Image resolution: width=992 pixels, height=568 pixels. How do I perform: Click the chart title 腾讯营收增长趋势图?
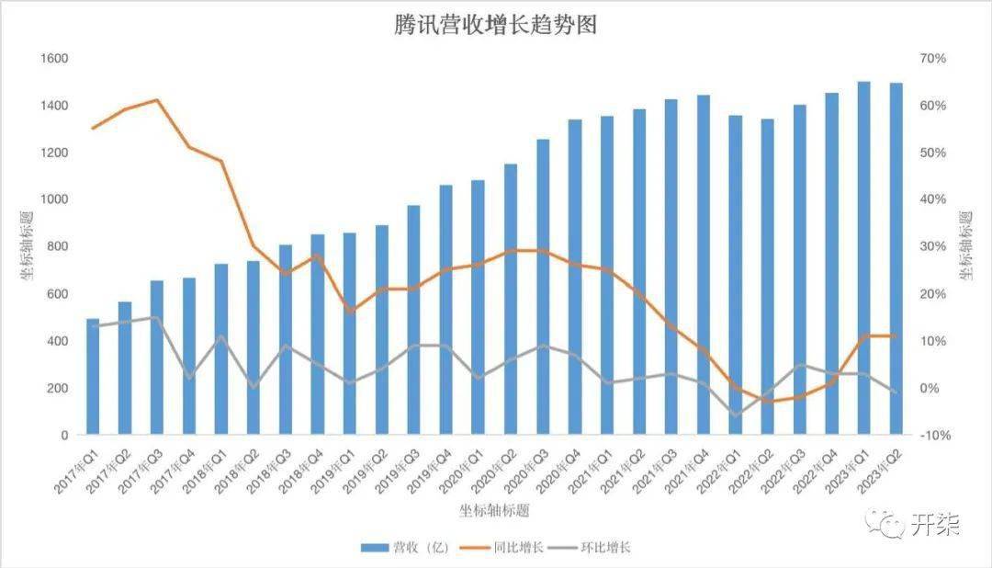tap(495, 25)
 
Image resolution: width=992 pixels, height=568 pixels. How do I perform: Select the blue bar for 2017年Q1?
tap(93, 377)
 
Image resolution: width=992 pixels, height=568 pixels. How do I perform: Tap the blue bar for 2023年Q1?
tap(863, 258)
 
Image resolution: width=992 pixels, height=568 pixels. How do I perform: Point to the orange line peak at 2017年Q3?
tap(157, 100)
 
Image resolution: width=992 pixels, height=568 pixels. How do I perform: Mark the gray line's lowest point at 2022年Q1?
tap(735, 415)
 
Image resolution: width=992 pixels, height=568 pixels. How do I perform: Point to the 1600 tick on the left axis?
tap(54, 59)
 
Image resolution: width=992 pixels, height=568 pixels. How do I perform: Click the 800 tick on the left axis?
tap(58, 246)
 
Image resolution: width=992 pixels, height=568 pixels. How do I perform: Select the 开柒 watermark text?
tap(935, 525)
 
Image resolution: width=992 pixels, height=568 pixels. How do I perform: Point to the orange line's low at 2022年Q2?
tap(767, 402)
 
